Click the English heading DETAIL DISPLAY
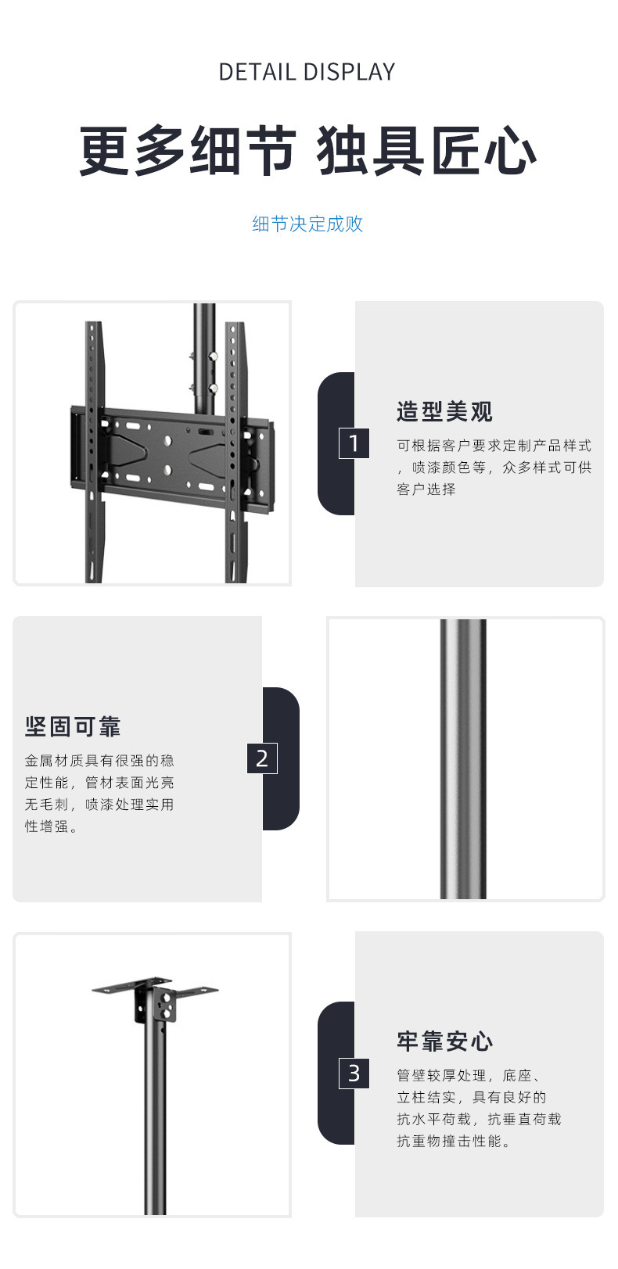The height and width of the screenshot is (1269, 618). [x=307, y=72]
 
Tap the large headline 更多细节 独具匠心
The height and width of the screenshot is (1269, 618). [x=307, y=151]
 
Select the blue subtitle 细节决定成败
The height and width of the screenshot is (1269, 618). [x=307, y=224]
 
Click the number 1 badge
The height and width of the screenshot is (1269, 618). [x=354, y=443]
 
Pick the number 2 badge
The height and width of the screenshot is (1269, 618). [x=262, y=758]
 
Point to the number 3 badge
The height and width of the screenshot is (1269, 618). [x=354, y=1074]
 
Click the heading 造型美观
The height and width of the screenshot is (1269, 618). [x=444, y=411]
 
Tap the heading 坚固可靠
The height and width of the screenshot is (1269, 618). [x=73, y=726]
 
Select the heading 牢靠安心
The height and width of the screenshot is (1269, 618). [x=444, y=1041]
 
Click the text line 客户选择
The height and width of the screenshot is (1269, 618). [x=426, y=489]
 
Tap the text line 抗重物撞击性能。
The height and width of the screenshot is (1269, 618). [x=455, y=1142]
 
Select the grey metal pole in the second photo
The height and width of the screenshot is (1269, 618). [x=462, y=758]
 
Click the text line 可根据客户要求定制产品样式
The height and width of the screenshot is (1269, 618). [x=494, y=446]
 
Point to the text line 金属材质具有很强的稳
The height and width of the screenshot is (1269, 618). [x=99, y=761]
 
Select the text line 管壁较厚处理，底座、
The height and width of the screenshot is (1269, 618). [x=469, y=1076]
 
